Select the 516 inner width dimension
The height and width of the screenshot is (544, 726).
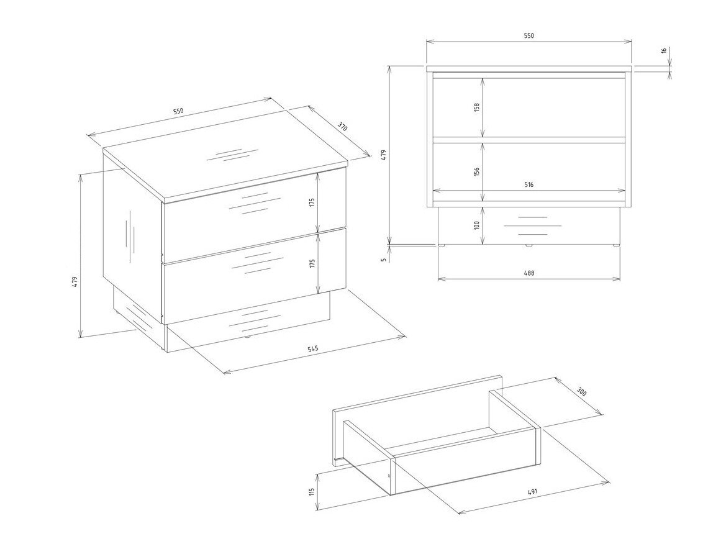tap(529, 184)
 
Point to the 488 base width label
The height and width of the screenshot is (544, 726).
tap(529, 273)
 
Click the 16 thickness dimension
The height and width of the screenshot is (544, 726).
tap(663, 50)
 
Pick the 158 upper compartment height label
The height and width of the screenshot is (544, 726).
tap(477, 107)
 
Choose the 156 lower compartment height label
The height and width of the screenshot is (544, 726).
tap(477, 171)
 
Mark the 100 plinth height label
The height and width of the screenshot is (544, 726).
tap(477, 225)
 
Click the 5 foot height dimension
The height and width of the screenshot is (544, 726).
tap(383, 260)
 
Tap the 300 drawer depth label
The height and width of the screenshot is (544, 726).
tap(582, 392)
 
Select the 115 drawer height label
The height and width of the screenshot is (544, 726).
tap(312, 491)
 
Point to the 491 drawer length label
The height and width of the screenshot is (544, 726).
tap(532, 492)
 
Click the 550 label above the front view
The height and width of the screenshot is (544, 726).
tap(529, 35)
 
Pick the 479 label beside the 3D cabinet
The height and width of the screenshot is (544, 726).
tap(74, 282)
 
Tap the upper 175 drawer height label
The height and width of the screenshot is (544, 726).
tap(312, 202)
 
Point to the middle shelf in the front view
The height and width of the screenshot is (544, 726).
tap(529, 139)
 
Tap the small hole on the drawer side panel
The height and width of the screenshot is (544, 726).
tap(389, 476)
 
